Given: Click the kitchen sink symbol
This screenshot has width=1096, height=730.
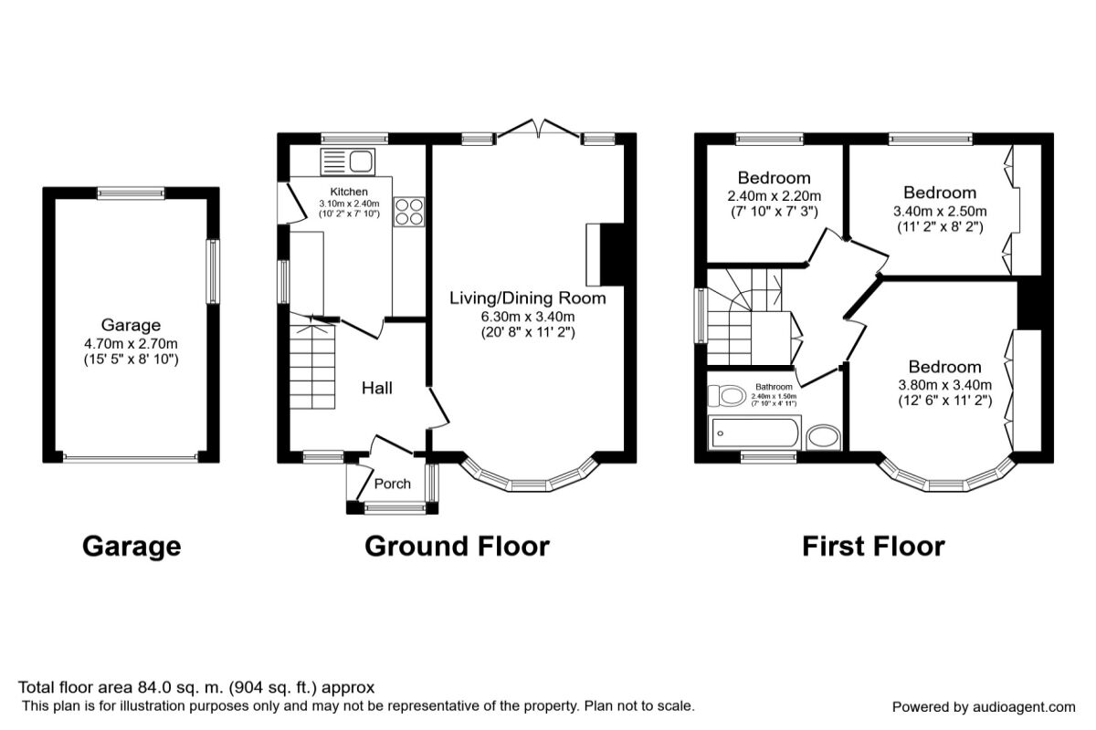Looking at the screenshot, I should click(347, 162).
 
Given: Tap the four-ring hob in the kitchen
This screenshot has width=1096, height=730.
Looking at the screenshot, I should click(407, 212).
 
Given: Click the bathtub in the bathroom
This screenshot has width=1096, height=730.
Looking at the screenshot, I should click(754, 432).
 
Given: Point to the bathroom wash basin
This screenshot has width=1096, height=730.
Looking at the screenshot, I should click(824, 436).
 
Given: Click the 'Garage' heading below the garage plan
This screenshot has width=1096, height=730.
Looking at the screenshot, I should click(132, 547).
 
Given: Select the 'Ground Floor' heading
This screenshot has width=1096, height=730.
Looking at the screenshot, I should click(457, 547).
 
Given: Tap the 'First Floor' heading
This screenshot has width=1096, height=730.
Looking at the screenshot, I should click(872, 547).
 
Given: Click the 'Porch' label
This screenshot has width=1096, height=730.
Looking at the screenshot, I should click(393, 484).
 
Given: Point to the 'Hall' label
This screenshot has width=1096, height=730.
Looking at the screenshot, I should click(377, 389).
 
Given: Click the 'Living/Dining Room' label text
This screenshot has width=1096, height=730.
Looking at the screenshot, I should click(527, 297).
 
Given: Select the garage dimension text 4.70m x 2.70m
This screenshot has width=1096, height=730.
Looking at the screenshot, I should click(132, 343).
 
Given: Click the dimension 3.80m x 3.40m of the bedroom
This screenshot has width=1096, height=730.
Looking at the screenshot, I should click(943, 385).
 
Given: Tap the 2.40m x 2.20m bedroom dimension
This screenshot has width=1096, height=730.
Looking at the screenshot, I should click(774, 195).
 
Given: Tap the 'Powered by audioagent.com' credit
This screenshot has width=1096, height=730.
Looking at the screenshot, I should click(984, 707).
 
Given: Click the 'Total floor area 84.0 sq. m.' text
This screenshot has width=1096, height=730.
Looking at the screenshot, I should click(196, 687).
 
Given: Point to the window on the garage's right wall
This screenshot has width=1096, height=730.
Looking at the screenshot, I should click(213, 271).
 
